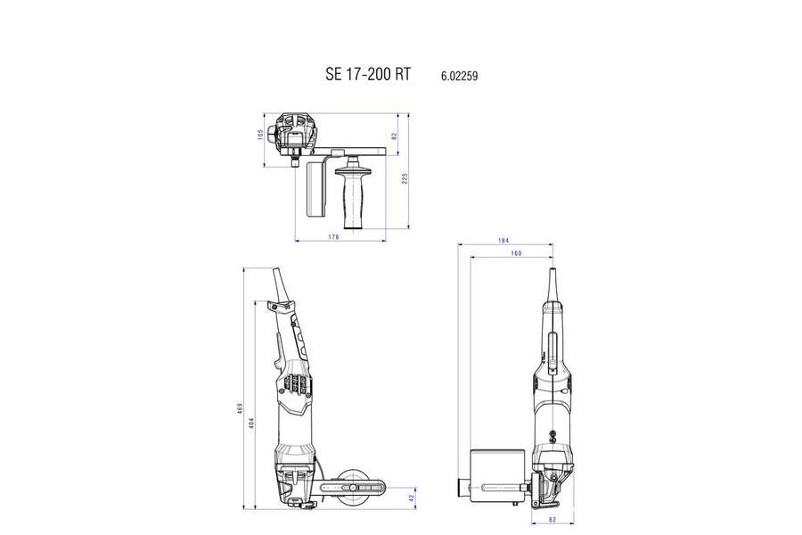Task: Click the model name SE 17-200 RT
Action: [367, 76]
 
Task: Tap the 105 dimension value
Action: [260, 135]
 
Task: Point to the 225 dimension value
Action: [405, 178]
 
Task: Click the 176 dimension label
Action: [333, 236]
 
